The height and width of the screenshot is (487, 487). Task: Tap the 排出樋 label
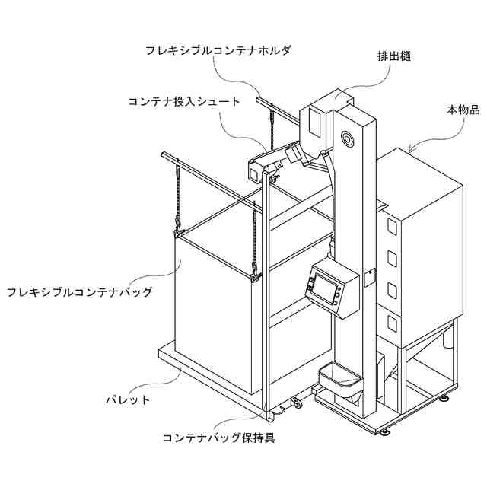(394, 56)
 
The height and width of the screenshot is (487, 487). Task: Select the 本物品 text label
(463, 110)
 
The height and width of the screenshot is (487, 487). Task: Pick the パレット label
(126, 399)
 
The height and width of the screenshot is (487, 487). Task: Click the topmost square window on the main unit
(393, 227)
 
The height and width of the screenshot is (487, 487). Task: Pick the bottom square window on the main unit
(392, 323)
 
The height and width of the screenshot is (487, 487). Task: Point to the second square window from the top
(393, 259)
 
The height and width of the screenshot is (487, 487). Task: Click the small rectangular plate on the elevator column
(370, 275)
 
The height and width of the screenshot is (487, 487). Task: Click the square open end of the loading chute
(253, 172)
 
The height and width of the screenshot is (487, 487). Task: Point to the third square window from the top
(393, 291)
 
